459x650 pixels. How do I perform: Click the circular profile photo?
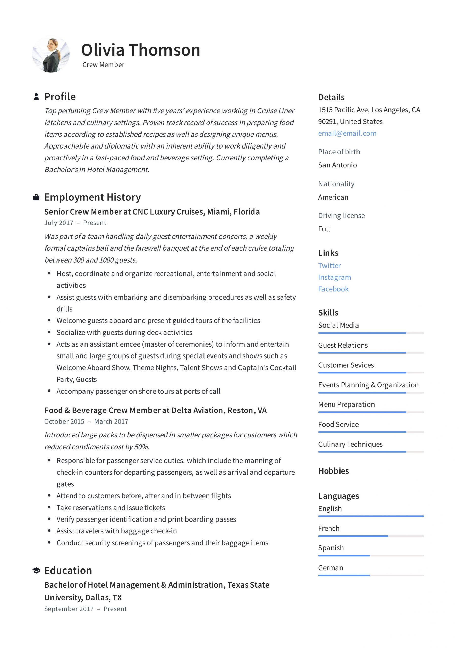click(x=51, y=55)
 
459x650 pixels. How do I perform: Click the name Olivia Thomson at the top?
click(x=140, y=50)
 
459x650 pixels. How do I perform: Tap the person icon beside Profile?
click(x=36, y=96)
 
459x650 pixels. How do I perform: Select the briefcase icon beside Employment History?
click(x=36, y=197)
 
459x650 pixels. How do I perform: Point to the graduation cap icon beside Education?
click(x=36, y=571)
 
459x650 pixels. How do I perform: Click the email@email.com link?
click(x=347, y=133)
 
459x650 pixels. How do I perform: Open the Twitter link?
click(x=329, y=266)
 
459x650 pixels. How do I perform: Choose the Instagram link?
click(x=334, y=277)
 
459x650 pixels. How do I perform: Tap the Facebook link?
click(x=333, y=289)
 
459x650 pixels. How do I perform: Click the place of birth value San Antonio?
click(x=337, y=165)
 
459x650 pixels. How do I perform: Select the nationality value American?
click(x=333, y=197)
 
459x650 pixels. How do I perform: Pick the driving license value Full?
click(x=324, y=229)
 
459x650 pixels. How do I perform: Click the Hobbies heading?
click(x=333, y=471)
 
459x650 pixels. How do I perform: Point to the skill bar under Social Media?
click(x=371, y=333)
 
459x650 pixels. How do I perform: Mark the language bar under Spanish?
click(x=371, y=556)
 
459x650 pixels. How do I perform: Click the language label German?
click(x=330, y=568)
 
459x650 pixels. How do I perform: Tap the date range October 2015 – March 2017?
click(x=86, y=421)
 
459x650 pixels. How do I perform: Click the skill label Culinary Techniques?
click(x=350, y=444)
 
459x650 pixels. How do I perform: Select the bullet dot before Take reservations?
click(x=49, y=507)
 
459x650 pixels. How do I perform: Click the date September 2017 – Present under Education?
click(x=86, y=609)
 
